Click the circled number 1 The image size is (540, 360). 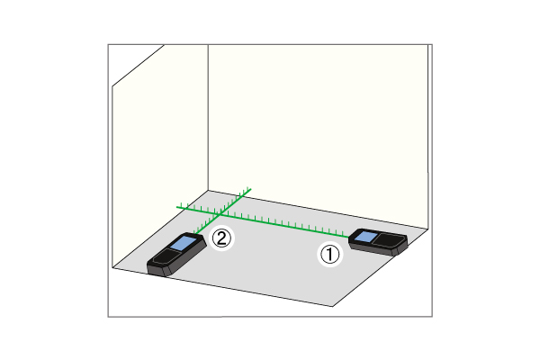pyautogui.click(x=330, y=254)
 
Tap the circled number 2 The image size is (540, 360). pyautogui.click(x=221, y=238)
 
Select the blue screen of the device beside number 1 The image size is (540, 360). pyautogui.click(x=365, y=237)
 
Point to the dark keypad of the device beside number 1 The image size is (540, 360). pyautogui.click(x=388, y=239)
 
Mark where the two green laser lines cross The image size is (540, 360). pyautogui.click(x=220, y=214)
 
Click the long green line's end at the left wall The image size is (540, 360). pyautogui.click(x=177, y=207)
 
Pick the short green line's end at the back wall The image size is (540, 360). pyautogui.click(x=250, y=189)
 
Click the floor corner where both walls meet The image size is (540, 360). pyautogui.click(x=208, y=191)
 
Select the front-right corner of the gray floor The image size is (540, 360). pyautogui.click(x=333, y=306)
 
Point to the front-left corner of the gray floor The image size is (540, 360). pyautogui.click(x=113, y=267)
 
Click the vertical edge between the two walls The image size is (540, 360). pyautogui.click(x=208, y=118)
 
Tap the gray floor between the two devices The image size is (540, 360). pyautogui.click(x=268, y=255)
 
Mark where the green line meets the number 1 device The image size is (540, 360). pyautogui.click(x=349, y=237)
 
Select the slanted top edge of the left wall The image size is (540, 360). pyautogui.click(x=138, y=66)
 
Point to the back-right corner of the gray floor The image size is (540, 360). pyautogui.click(x=428, y=229)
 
